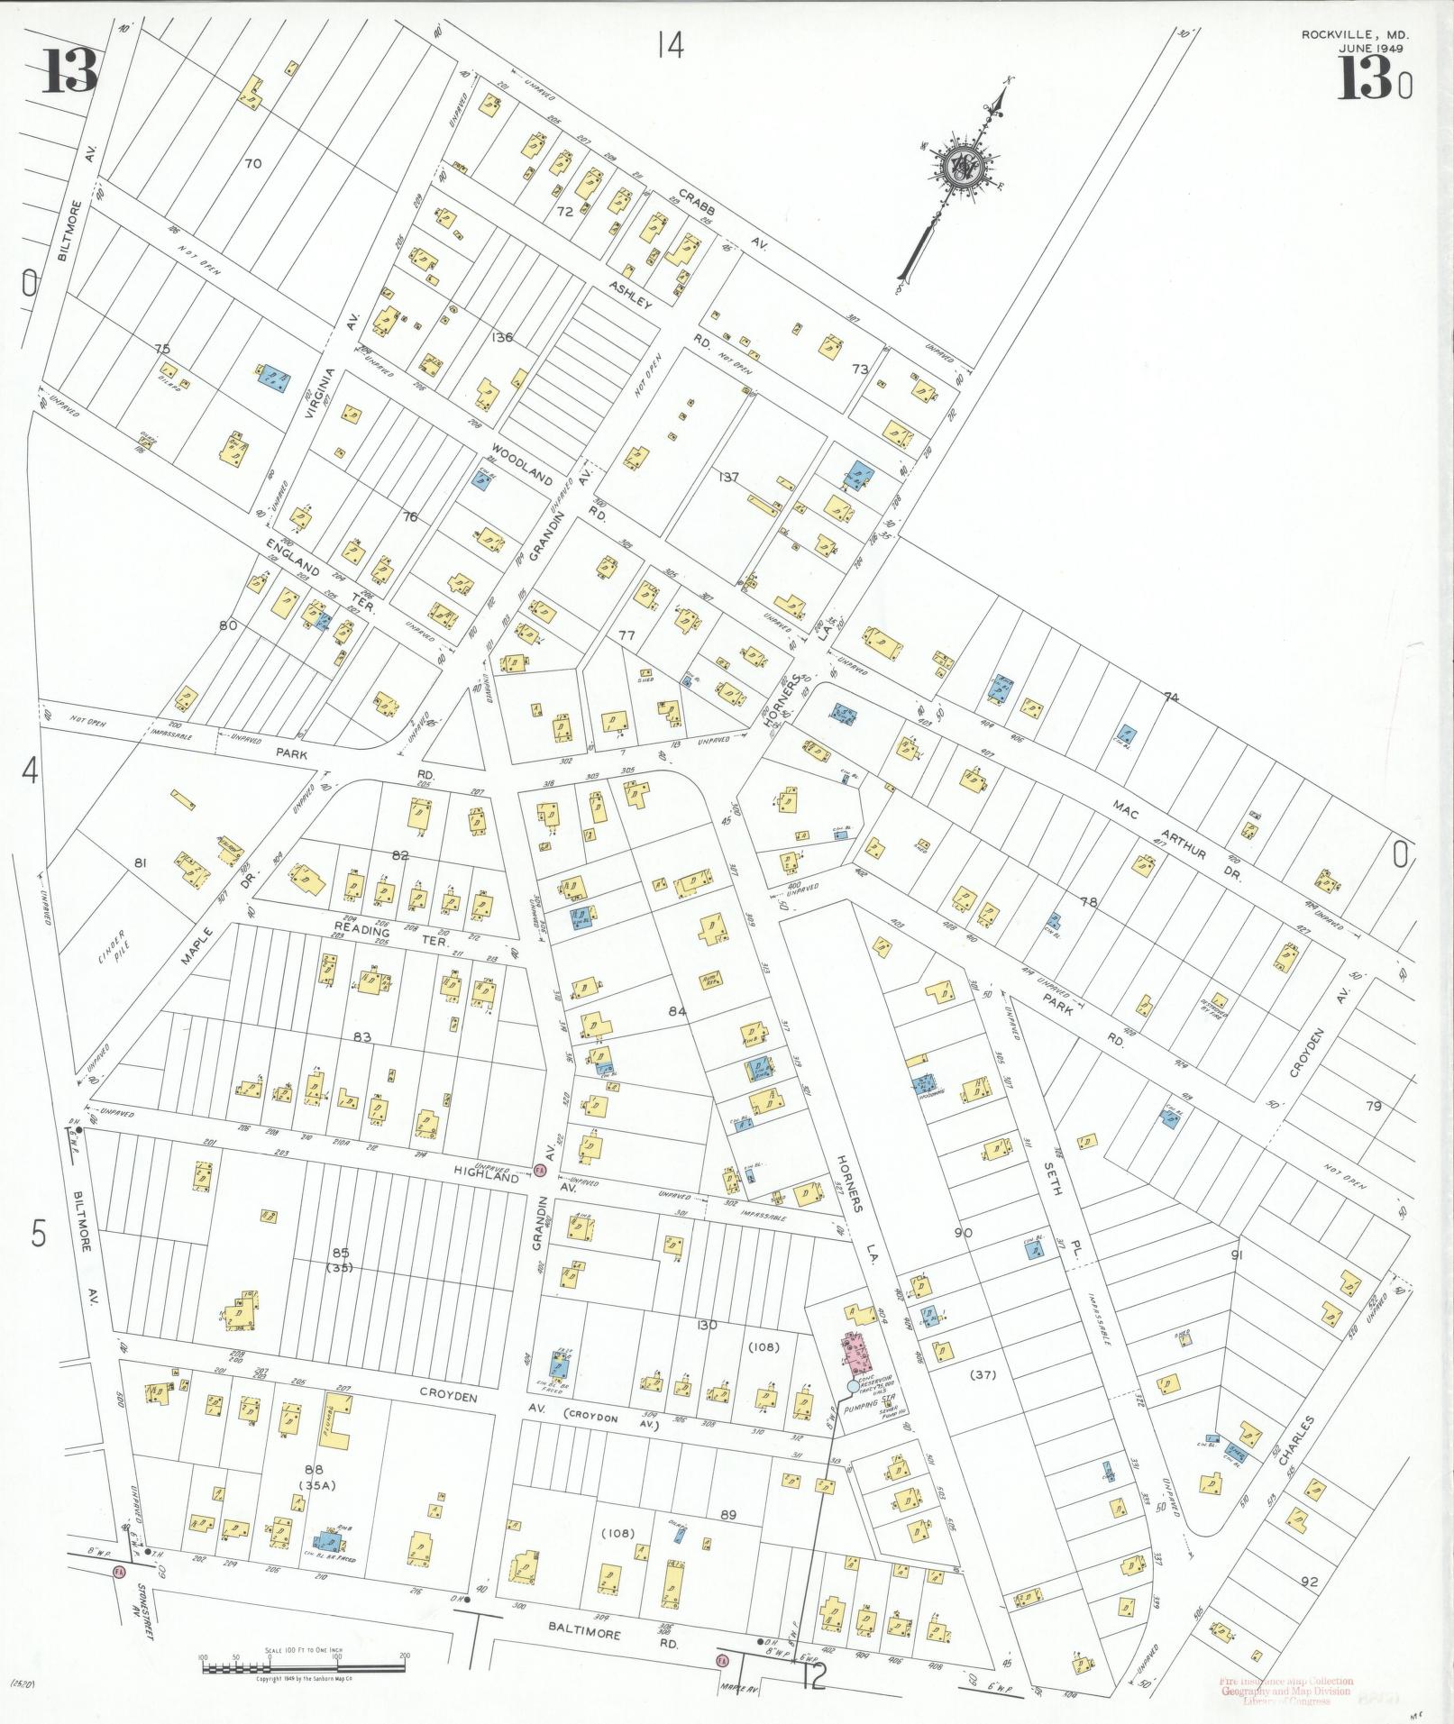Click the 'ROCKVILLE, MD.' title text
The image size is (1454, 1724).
coord(1354,34)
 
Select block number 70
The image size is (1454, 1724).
coord(252,163)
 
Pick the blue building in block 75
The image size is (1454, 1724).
coord(272,378)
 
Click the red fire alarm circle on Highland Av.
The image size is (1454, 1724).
coord(539,1170)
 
